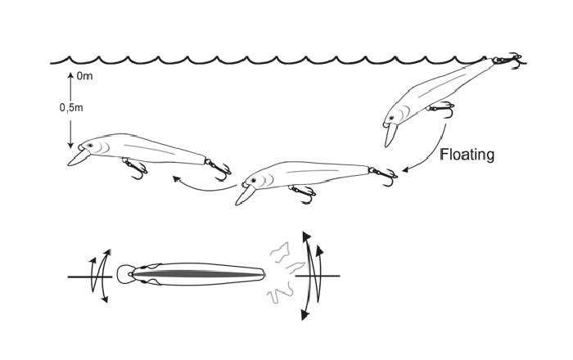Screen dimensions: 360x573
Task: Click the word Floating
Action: [x=467, y=153]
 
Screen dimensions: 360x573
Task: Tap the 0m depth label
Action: [x=84, y=76]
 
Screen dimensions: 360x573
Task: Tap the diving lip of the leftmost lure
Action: [x=75, y=157]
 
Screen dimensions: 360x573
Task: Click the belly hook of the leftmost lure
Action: [x=133, y=169]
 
